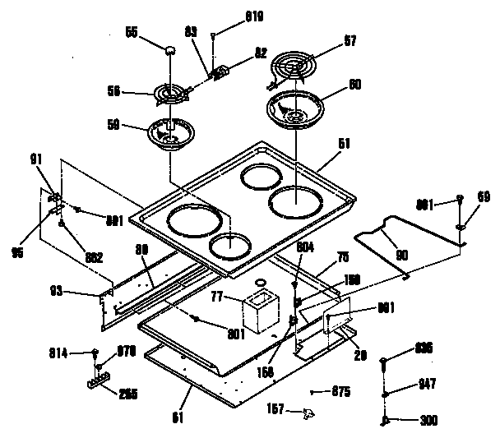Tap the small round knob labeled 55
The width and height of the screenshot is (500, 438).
click(x=170, y=50)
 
